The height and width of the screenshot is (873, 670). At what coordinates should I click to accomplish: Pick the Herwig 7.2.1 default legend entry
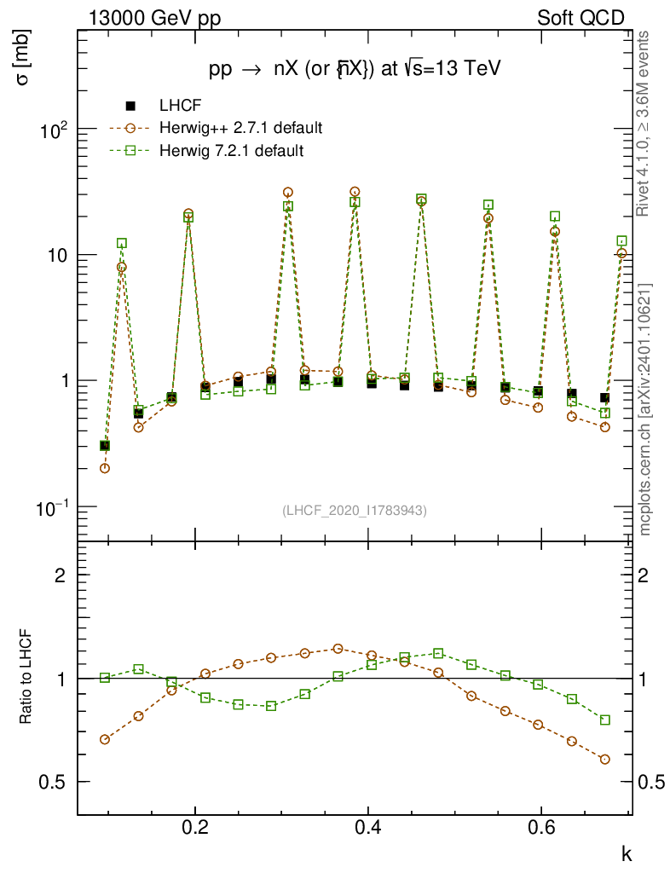[231, 151]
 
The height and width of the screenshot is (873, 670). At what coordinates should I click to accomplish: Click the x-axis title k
[626, 853]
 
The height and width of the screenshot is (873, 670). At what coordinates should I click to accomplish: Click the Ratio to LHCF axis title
[26, 678]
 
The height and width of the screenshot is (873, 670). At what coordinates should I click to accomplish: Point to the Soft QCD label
[580, 18]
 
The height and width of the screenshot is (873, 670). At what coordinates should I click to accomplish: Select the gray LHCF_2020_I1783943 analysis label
[355, 510]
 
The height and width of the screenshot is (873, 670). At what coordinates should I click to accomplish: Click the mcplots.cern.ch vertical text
[645, 409]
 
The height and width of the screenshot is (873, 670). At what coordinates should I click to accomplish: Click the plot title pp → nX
[354, 70]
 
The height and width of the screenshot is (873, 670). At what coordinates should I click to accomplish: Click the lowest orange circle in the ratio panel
[605, 759]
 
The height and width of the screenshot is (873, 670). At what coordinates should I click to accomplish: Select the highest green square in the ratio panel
[438, 654]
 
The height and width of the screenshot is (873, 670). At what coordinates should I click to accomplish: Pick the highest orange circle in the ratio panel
[338, 649]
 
